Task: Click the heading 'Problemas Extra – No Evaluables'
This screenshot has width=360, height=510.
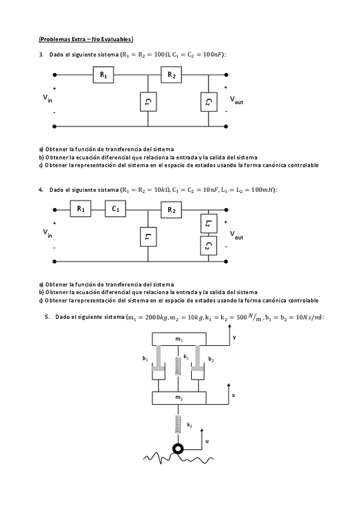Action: tap(86, 39)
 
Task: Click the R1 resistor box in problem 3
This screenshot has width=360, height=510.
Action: tap(103, 75)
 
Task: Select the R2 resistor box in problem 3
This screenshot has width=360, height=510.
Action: tap(171, 75)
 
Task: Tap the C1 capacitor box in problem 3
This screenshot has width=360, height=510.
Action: tap(147, 102)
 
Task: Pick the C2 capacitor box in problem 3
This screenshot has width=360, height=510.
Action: tap(207, 102)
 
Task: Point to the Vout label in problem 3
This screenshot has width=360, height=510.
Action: tap(236, 100)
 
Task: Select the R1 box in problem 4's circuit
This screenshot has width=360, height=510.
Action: tap(81, 209)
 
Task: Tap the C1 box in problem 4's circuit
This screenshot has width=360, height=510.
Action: tap(116, 209)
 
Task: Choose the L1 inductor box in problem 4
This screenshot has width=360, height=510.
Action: tap(147, 236)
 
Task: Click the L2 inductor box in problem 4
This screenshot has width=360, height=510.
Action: tap(207, 224)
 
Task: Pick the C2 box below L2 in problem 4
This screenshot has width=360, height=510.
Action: tap(207, 245)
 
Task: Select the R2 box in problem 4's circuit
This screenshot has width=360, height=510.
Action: tap(171, 209)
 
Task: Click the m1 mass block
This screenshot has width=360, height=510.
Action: tap(178, 340)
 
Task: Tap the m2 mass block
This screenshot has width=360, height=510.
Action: tap(178, 398)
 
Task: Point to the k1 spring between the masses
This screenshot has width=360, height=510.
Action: tap(178, 366)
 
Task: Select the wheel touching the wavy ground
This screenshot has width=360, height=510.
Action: tap(178, 449)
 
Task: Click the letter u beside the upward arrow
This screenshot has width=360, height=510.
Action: tap(207, 441)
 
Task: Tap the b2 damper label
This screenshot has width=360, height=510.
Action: tap(211, 359)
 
